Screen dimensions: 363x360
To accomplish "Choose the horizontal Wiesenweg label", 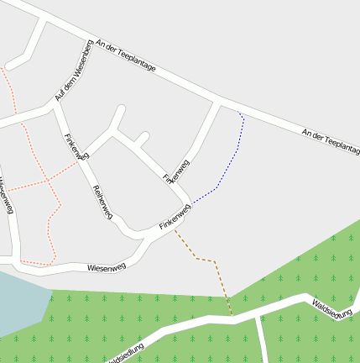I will click(107, 267).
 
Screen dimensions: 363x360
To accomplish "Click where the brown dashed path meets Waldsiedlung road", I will click(232, 316).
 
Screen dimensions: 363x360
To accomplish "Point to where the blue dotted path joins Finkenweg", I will click(190, 203).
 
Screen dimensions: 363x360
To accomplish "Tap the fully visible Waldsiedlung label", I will click(331, 308).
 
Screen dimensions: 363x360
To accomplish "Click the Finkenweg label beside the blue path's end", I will click(175, 218).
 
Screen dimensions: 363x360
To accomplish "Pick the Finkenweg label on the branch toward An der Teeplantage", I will click(176, 171).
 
